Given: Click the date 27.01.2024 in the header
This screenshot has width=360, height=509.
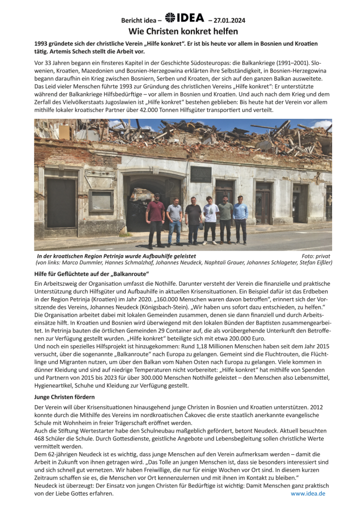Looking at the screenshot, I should pyautogui.click(x=230, y=20).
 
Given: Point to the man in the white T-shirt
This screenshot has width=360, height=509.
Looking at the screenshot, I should pyautogui.click(x=210, y=219).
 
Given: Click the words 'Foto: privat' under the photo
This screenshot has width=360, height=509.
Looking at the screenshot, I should pyautogui.click(x=316, y=255).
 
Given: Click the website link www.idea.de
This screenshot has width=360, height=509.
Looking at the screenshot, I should pyautogui.click(x=308, y=494).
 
